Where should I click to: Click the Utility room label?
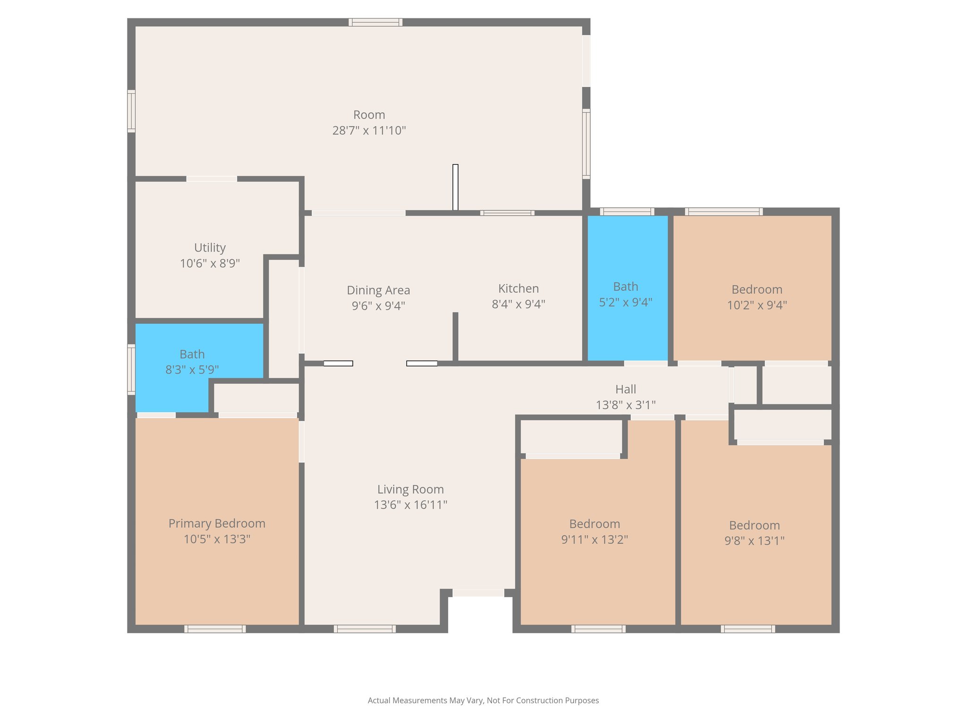tap(210, 248)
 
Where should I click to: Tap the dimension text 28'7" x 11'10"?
tap(369, 131)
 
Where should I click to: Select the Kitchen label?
tap(518, 288)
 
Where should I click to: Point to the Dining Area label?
tap(378, 290)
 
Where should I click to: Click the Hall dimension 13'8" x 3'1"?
tap(625, 405)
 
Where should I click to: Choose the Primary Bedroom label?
tap(217, 523)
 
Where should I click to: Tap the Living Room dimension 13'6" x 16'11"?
tap(410, 505)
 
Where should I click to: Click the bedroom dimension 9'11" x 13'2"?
tap(594, 540)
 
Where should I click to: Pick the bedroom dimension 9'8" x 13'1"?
tap(754, 541)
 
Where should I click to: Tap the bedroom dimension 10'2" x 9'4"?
tap(756, 305)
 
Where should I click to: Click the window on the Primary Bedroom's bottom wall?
tap(215, 629)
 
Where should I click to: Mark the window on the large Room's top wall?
tap(375, 22)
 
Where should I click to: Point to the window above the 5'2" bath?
tap(627, 211)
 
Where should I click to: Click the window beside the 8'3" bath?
tap(131, 370)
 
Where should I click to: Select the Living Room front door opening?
tap(478, 593)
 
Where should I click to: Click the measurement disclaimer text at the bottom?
tap(483, 700)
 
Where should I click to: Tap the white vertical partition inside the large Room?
tap(455, 187)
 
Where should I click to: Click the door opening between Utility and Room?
tap(212, 179)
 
